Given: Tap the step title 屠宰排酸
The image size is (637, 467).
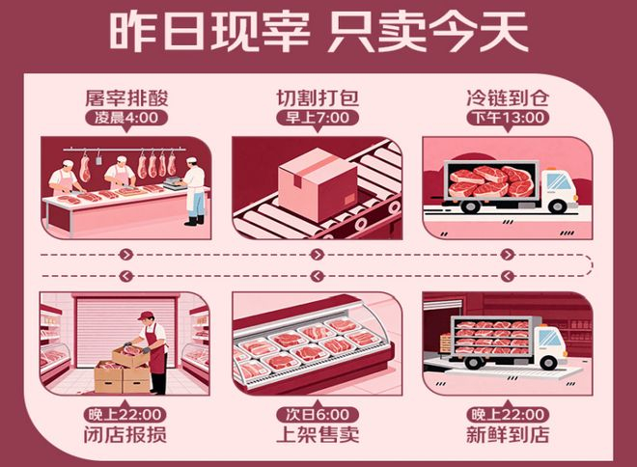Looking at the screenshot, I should click(126, 97).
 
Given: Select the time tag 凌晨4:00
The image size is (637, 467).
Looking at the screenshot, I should click(126, 118).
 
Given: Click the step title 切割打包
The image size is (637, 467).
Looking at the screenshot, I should click(318, 97).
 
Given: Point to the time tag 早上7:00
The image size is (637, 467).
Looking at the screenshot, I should click(318, 118).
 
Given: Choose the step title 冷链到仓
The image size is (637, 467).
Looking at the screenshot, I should click(508, 97).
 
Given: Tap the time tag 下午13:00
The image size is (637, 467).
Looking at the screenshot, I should click(508, 118).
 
